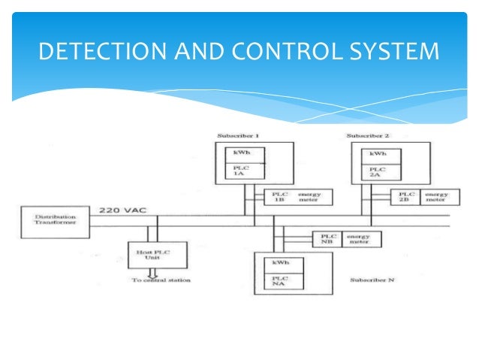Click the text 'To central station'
pos(161,280)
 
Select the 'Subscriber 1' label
pos(238,137)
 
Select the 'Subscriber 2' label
pos(368,136)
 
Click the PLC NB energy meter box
pos(345,239)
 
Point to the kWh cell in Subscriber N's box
pos(282,262)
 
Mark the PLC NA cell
pos(282,280)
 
